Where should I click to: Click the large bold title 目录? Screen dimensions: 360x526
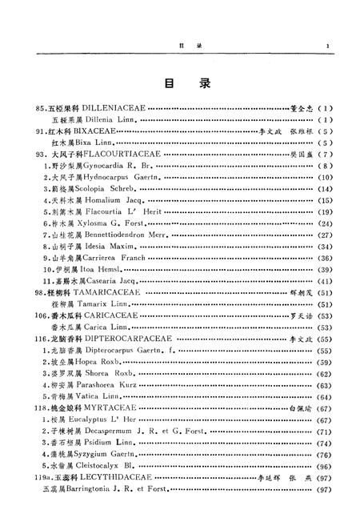[180, 82]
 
